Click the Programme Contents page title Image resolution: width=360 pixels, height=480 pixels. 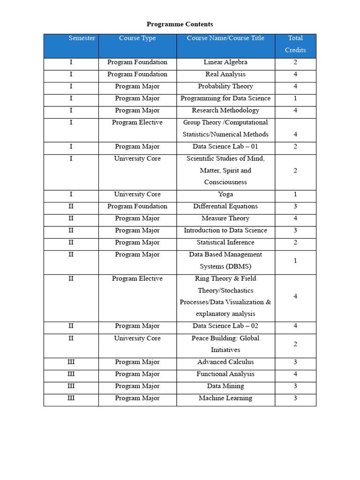click(x=180, y=24)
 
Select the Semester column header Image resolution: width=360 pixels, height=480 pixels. click(x=82, y=38)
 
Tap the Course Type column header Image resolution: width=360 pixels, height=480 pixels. click(x=137, y=38)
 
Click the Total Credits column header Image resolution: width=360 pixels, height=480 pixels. click(x=295, y=44)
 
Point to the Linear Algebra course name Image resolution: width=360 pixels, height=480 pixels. click(x=225, y=62)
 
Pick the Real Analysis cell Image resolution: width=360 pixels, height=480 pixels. click(x=225, y=75)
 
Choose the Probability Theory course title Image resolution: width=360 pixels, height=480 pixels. click(x=225, y=87)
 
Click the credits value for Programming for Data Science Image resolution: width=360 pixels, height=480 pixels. click(x=295, y=99)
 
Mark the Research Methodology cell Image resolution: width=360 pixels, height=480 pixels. click(x=225, y=111)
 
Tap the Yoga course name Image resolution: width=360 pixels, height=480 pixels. click(x=225, y=195)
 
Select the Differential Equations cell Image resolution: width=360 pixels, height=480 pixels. click(x=225, y=207)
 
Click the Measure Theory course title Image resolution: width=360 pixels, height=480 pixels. click(x=225, y=218)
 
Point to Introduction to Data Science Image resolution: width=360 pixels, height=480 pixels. click(x=225, y=231)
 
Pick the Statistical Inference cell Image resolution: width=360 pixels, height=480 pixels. click(x=225, y=243)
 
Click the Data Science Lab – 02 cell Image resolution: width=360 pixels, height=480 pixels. click(x=225, y=326)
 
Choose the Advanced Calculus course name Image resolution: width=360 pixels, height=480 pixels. click(x=225, y=362)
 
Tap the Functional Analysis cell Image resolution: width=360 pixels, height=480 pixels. click(x=225, y=375)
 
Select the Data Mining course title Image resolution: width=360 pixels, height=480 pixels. click(x=225, y=386)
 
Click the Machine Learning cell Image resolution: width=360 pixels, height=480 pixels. click(x=225, y=398)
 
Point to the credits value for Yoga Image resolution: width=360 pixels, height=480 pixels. click(x=295, y=195)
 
